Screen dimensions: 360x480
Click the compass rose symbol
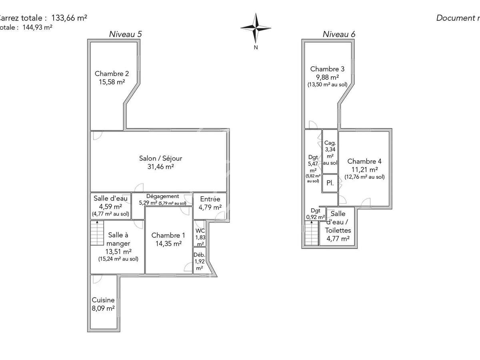point(256,28)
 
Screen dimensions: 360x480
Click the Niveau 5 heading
point(125,34)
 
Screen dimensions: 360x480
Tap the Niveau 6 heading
point(339,34)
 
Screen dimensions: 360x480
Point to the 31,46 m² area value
point(160,167)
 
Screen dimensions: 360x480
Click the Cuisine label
point(103,300)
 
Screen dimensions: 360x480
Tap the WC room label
point(200,231)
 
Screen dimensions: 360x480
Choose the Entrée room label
point(210,199)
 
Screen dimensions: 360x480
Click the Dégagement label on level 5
point(162,196)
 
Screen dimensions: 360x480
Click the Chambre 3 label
point(327,69)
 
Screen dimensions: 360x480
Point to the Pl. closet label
point(330,183)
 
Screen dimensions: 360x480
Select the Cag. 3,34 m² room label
point(330,142)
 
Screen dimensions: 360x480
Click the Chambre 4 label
point(364,161)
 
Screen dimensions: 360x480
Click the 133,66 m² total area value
point(69,18)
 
